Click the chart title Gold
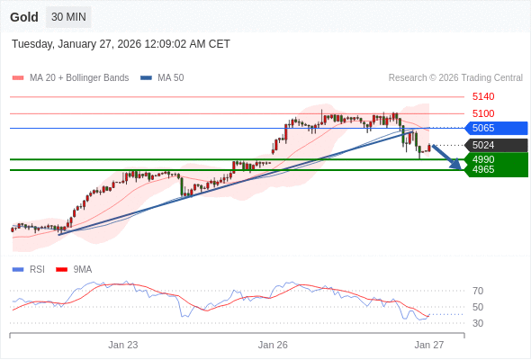coord(24,17)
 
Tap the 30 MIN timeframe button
coord(68,17)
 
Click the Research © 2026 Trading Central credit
coord(455,77)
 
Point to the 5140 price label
coord(483,96)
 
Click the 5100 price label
coord(483,113)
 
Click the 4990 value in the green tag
coord(483,159)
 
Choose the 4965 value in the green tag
coord(483,169)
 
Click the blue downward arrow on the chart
coord(447,157)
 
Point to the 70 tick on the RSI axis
coord(478,291)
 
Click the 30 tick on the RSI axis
coord(478,323)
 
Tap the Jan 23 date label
coord(123,345)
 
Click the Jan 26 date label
coord(273,345)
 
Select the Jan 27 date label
coord(429,345)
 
